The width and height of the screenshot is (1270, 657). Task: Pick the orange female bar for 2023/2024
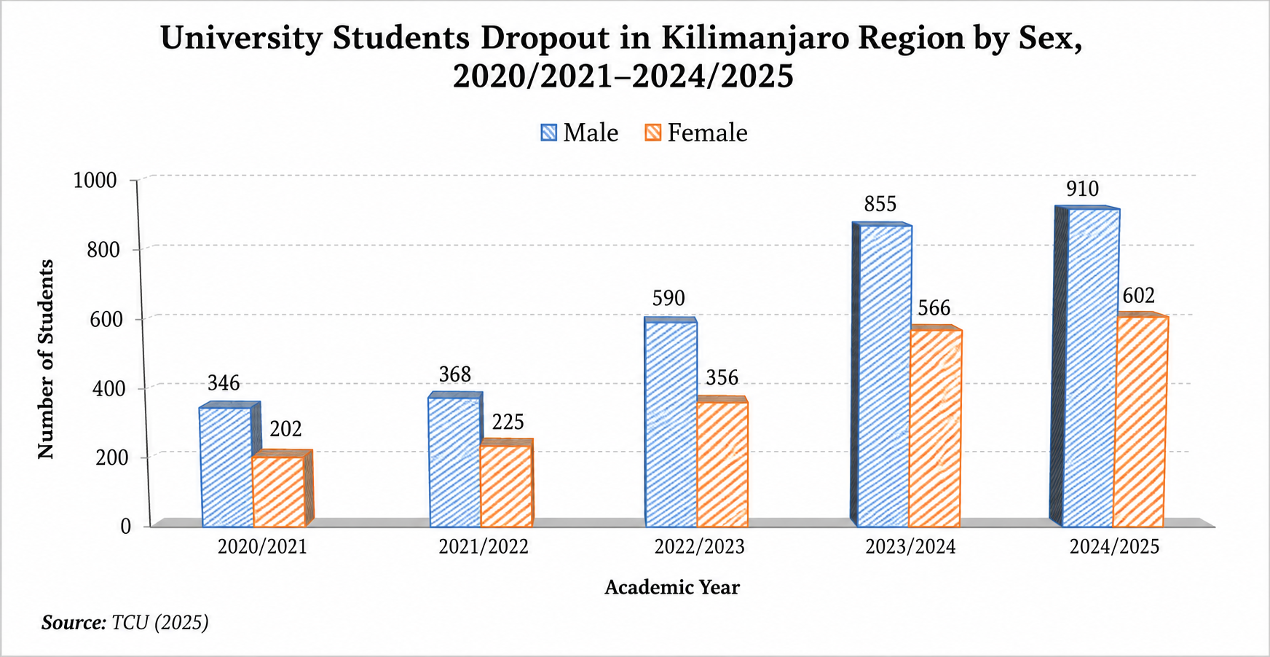click(x=935, y=428)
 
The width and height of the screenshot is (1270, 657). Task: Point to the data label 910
click(x=1082, y=189)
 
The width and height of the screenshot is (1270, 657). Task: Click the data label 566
click(x=934, y=307)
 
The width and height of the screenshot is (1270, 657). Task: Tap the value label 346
click(x=224, y=383)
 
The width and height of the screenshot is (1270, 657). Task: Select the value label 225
click(x=508, y=422)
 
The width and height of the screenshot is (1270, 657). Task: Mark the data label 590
click(x=668, y=298)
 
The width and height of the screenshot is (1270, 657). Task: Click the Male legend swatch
click(x=549, y=133)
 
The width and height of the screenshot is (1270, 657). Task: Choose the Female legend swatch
click(x=653, y=133)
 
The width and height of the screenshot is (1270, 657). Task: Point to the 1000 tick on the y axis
click(x=95, y=180)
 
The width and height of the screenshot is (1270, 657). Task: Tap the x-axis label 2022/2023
click(x=699, y=546)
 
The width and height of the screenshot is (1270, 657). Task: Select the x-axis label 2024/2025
click(x=1114, y=546)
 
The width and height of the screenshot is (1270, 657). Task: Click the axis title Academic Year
click(x=672, y=587)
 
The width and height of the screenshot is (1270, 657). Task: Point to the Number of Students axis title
click(x=46, y=359)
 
